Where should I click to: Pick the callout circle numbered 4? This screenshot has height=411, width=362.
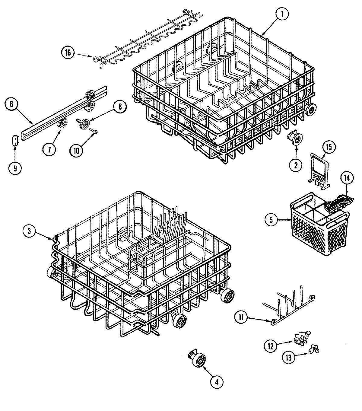coord(216,382)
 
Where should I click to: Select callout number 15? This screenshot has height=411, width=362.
coord(329,147)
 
